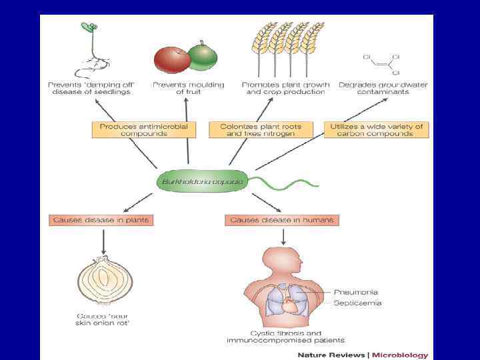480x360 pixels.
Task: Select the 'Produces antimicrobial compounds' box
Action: [143, 129]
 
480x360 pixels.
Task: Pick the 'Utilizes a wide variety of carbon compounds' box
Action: [376, 129]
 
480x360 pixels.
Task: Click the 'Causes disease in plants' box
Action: [101, 220]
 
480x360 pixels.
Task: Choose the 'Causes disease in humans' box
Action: [282, 220]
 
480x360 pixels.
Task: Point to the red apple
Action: [171, 59]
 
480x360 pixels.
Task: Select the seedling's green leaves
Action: [89, 27]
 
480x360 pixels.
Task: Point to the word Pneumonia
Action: [356, 292]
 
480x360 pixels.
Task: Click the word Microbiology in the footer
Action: [400, 355]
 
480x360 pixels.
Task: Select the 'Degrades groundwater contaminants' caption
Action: [383, 88]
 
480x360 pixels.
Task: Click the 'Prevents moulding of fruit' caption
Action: [189, 88]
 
